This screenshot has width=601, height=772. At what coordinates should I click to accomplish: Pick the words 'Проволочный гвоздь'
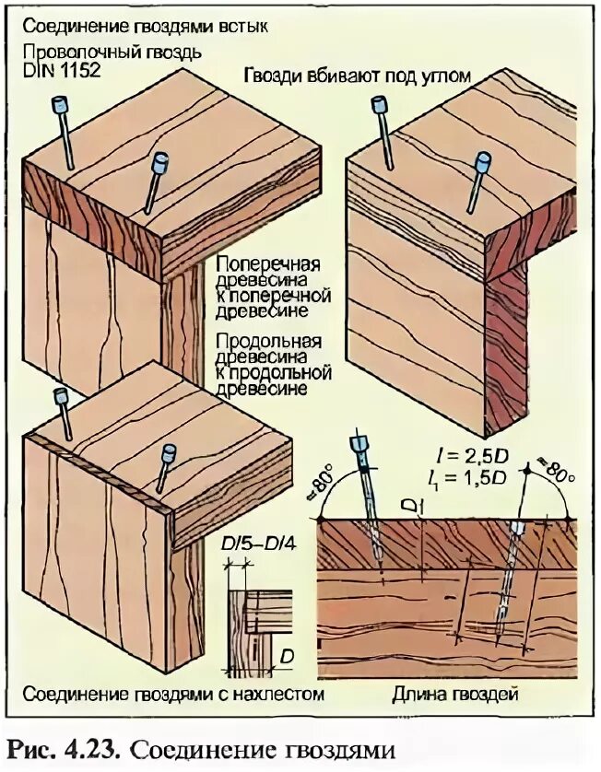coord(112,52)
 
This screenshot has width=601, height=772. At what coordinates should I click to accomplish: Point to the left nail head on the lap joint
coord(62,397)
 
